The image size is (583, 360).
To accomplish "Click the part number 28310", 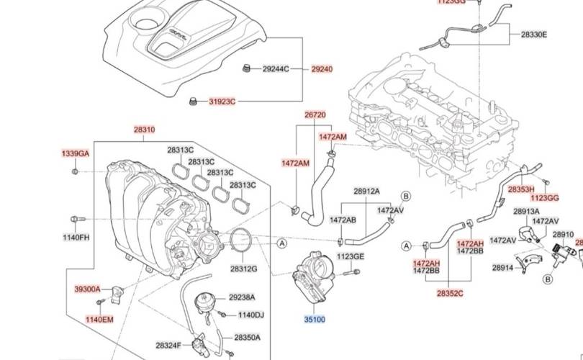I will point(144,130).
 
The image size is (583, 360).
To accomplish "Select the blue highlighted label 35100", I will point(315,318).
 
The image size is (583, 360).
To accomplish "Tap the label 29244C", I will point(276,69).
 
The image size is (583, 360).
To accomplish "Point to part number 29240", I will point(322,69).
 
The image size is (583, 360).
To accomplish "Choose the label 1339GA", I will point(76,154).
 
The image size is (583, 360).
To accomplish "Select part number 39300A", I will point(88,289).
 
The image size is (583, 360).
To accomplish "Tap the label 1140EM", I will point(99,319).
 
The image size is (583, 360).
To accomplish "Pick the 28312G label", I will point(243,269).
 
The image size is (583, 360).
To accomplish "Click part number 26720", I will point(315,115).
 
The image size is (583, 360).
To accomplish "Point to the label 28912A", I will point(366,192).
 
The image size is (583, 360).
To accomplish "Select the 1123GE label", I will point(351,256).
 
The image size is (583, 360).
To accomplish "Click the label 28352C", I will point(450,293).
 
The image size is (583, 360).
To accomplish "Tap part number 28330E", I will point(534,35).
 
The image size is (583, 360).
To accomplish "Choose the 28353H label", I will point(520,189).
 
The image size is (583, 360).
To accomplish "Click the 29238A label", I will point(242,297).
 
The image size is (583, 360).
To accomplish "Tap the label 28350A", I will point(247,337).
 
